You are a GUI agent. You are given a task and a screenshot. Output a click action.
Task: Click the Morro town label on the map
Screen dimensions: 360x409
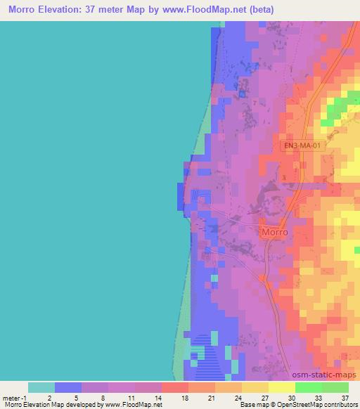point(275,232)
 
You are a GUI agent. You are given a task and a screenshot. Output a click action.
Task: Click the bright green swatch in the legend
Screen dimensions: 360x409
point(308,387)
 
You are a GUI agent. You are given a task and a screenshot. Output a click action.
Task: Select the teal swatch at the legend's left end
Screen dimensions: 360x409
point(41,387)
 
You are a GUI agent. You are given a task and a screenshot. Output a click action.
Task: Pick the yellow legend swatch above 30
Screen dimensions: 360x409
point(281,387)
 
